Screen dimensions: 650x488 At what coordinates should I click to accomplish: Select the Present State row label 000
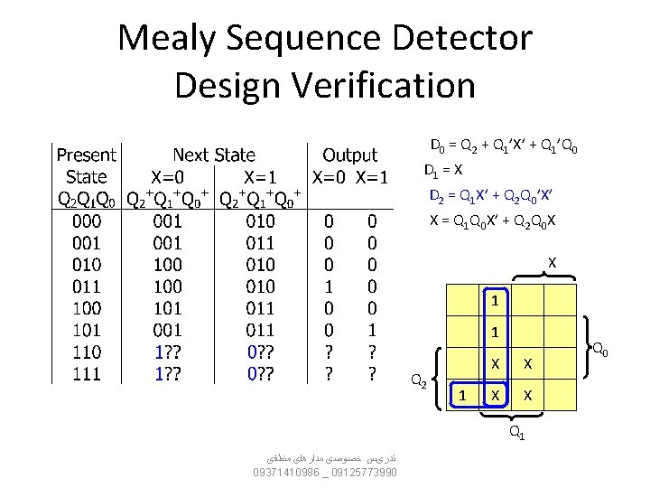87,220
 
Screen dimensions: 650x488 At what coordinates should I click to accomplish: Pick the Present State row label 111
87,374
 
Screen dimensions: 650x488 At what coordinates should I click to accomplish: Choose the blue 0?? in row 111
262,374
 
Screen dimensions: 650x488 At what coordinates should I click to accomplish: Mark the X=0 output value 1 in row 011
330,286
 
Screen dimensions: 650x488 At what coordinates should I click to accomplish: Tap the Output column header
350,155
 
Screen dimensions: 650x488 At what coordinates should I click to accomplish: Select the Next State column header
214,155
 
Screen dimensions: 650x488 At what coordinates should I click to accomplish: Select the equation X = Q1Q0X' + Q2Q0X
492,221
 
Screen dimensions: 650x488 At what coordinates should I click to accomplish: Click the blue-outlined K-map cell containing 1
462,395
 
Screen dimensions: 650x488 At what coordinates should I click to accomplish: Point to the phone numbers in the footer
325,472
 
